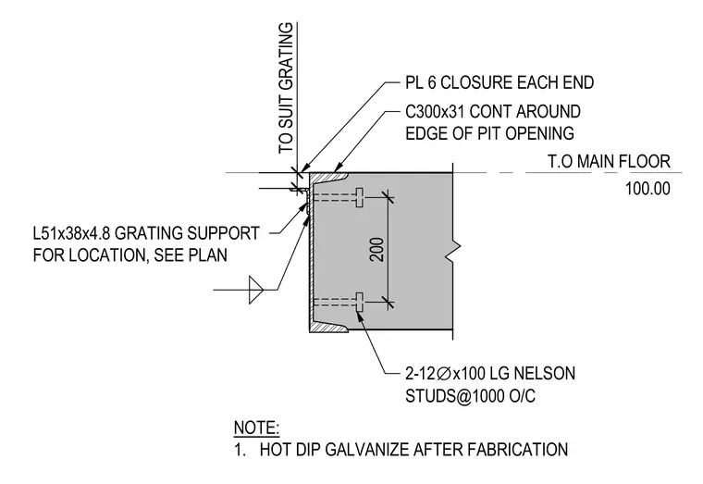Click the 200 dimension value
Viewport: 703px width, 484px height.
[377, 249]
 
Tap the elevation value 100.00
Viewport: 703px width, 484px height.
[647, 189]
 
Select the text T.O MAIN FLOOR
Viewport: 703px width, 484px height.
[609, 161]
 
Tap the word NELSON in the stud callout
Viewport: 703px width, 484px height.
[544, 373]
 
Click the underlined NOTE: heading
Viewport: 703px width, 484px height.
[256, 428]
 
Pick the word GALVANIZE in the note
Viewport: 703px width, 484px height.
[367, 450]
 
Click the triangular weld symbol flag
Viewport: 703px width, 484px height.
[255, 291]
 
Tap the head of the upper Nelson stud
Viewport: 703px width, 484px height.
[360, 197]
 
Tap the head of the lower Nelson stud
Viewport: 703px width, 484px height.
[360, 302]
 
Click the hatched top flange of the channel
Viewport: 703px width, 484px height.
[328, 177]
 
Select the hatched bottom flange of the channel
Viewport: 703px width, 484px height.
[328, 327]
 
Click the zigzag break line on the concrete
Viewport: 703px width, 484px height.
[454, 251]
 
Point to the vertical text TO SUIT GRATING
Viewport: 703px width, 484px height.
[286, 88]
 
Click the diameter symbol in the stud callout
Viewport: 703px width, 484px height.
[443, 373]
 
